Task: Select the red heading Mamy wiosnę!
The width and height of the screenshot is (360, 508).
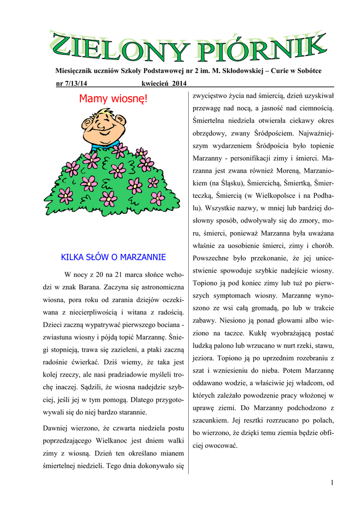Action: pyautogui.click(x=113, y=100)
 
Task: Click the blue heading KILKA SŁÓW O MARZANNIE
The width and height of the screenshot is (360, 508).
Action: pyautogui.click(x=113, y=257)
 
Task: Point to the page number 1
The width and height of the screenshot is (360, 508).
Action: pyautogui.click(x=332, y=483)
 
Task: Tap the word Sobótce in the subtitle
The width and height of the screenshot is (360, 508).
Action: pyautogui.click(x=307, y=71)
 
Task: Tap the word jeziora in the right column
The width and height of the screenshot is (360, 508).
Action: pyautogui.click(x=205, y=358)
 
